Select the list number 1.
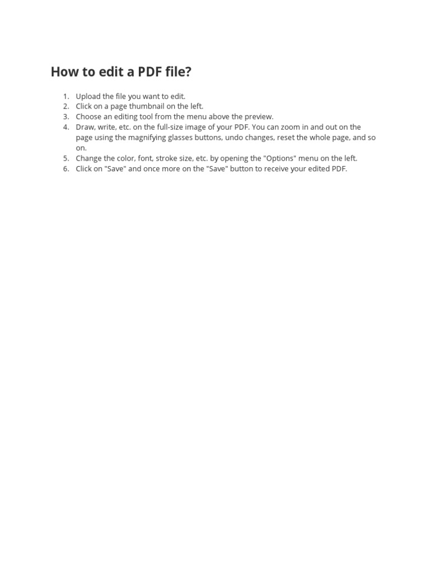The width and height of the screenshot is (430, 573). pyautogui.click(x=66, y=96)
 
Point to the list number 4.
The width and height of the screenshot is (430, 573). pyautogui.click(x=66, y=127)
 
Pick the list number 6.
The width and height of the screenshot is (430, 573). pyautogui.click(x=66, y=168)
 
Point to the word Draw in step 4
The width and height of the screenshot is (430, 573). pyautogui.click(x=86, y=127)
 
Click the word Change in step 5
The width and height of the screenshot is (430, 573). pyautogui.click(x=90, y=158)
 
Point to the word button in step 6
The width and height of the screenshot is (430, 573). pyautogui.click(x=241, y=168)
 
